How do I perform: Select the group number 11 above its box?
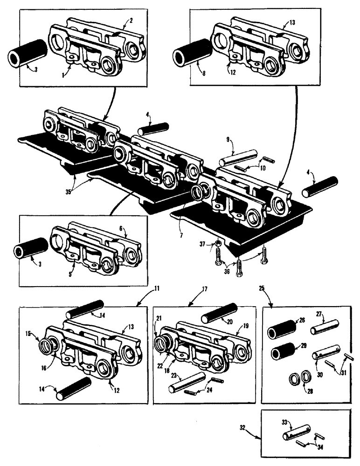(x=157, y=289)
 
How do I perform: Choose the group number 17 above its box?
(x=204, y=289)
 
